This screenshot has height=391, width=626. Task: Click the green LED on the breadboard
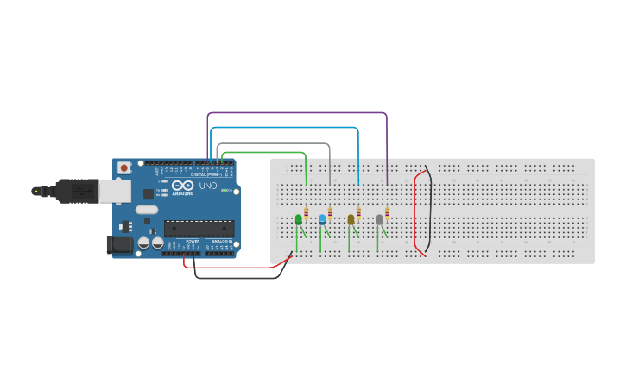(299, 219)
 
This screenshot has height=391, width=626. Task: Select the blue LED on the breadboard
(322, 219)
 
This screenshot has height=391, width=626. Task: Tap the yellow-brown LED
(351, 219)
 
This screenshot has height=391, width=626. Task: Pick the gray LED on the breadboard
(379, 219)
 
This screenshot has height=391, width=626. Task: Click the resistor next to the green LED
(307, 213)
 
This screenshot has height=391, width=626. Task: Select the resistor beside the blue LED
(330, 213)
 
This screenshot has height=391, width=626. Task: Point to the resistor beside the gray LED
(387, 213)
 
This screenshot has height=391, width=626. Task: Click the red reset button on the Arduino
(124, 167)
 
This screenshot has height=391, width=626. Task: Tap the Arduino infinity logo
(182, 186)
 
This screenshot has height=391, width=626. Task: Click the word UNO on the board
(208, 186)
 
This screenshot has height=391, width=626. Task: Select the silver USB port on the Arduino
(115, 191)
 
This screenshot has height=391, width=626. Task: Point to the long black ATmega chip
(199, 229)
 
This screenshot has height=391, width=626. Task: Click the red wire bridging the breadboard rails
(415, 211)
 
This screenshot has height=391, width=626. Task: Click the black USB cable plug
(73, 190)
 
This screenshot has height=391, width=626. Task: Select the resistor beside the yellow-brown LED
(358, 213)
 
